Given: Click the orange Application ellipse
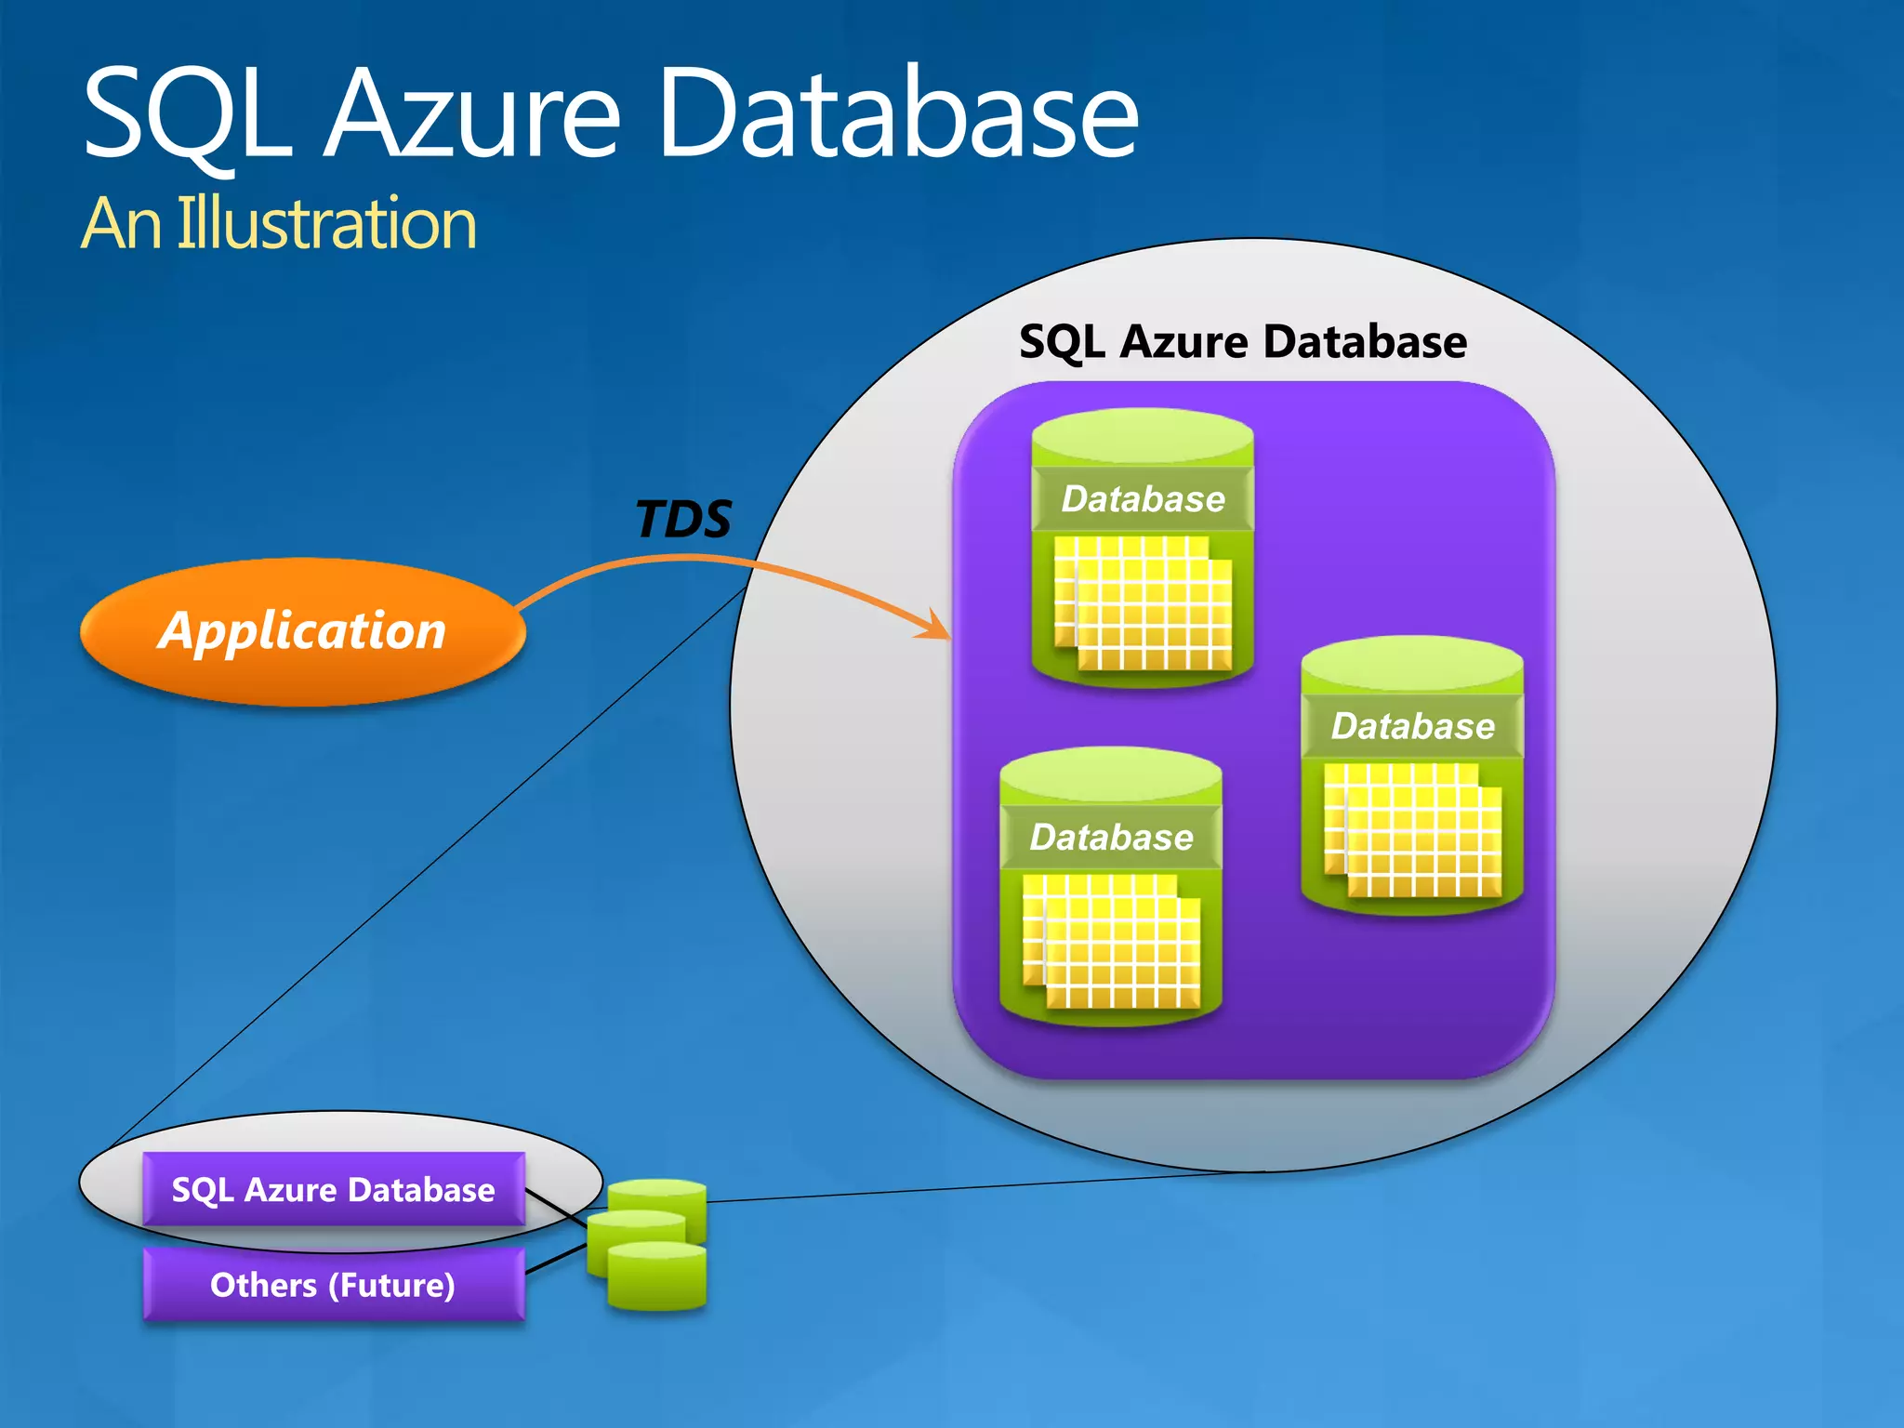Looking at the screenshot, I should click(x=303, y=632).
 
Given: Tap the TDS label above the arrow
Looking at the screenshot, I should click(x=683, y=519).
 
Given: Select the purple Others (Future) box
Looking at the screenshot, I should click(x=333, y=1285).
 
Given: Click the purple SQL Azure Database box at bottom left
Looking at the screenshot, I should click(x=333, y=1190).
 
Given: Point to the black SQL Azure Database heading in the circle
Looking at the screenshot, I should click(x=1243, y=341).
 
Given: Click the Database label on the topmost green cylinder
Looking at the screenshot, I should click(x=1143, y=499).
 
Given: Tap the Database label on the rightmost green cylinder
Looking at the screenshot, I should click(x=1412, y=726).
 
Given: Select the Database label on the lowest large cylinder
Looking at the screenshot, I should click(x=1111, y=838).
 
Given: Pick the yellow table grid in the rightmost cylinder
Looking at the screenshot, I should click(x=1413, y=830).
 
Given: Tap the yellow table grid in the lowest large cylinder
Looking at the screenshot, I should click(x=1112, y=941).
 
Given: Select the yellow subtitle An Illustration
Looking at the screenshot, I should click(x=279, y=224).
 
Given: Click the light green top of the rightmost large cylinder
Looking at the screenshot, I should click(x=1412, y=664).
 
